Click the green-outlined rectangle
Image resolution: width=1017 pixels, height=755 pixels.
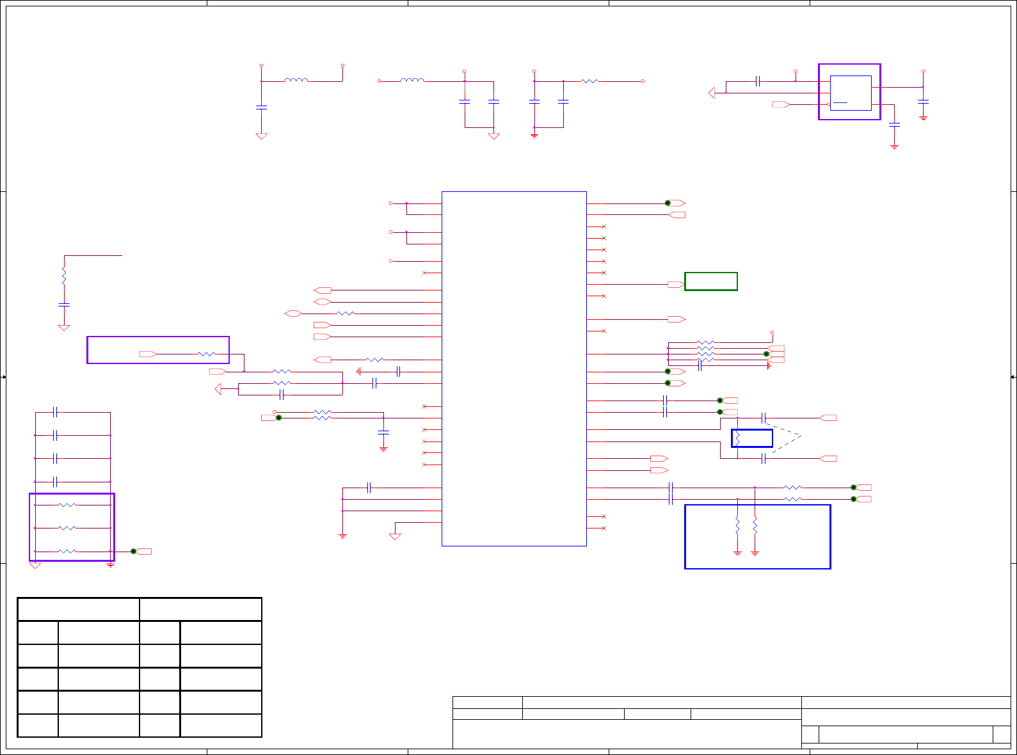tap(710, 282)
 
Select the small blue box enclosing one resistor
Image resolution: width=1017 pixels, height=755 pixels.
tap(752, 438)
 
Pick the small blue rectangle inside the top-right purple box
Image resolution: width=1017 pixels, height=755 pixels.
tap(851, 93)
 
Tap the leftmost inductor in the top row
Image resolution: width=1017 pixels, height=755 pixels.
tap(296, 80)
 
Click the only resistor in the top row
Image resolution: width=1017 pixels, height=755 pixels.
tap(589, 81)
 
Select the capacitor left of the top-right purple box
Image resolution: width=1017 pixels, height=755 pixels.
tap(758, 81)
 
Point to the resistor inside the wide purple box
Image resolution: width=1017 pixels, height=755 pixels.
tap(206, 354)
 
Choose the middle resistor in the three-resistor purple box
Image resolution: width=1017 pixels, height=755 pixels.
tap(67, 528)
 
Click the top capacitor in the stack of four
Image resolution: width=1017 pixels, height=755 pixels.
tap(56, 413)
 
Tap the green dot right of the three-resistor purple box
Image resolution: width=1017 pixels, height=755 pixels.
tap(133, 551)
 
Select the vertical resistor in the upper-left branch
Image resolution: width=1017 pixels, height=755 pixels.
tap(64, 276)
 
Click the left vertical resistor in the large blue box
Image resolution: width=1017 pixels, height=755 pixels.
tap(737, 526)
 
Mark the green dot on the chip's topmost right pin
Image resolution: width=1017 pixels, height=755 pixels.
tap(668, 203)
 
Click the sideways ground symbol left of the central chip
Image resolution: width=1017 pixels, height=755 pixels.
tap(359, 371)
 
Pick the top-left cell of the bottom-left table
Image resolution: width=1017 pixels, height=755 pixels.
tap(78, 609)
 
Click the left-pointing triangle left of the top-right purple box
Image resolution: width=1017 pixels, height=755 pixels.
tap(712, 93)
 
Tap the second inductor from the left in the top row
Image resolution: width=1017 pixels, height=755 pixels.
tap(412, 80)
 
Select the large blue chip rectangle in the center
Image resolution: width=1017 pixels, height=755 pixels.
tap(514, 369)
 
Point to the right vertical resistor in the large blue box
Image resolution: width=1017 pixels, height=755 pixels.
tap(755, 526)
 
